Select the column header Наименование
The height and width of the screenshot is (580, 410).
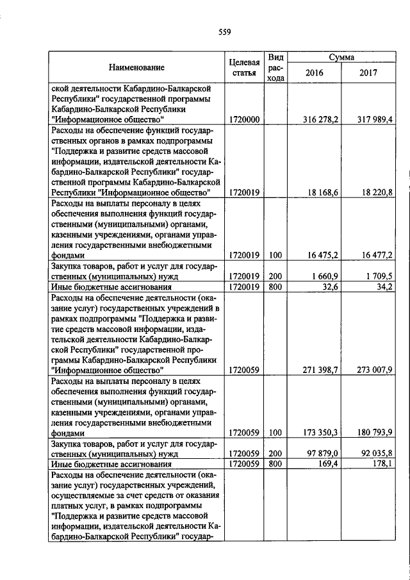(136, 67)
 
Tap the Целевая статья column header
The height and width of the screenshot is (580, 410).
(243, 67)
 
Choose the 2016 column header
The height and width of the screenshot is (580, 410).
(315, 73)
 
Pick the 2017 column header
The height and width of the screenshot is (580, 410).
(368, 73)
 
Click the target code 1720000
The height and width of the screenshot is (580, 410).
(243, 119)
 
